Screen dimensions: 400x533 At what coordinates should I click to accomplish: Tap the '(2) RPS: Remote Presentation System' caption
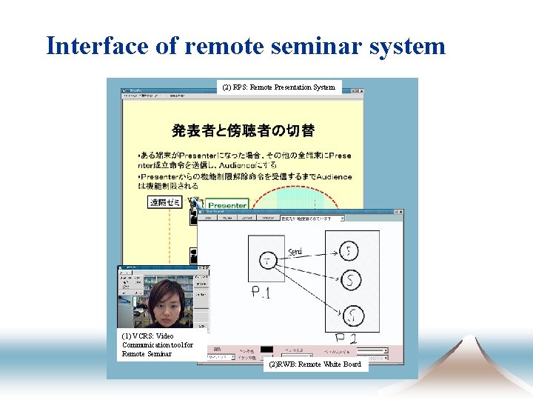click(278, 87)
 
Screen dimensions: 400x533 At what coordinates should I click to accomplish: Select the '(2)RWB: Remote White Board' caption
click(315, 364)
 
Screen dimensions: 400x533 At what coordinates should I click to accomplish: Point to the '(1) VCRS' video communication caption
click(157, 344)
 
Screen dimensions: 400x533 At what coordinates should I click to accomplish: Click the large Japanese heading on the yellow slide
click(243, 131)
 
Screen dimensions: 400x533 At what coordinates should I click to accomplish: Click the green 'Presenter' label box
click(227, 204)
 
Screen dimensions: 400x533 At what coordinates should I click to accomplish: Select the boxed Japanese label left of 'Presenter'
click(165, 202)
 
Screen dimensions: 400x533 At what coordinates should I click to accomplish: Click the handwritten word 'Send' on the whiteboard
click(295, 251)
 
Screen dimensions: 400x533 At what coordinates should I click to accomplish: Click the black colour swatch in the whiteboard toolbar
click(266, 349)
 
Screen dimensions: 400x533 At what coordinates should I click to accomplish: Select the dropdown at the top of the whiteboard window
click(312, 219)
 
